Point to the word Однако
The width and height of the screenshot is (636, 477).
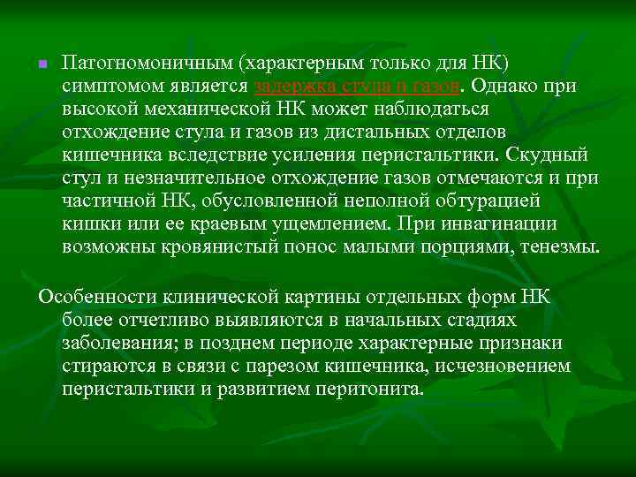click(513, 87)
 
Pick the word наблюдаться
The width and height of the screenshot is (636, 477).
click(437, 110)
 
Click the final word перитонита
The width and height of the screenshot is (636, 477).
click(375, 389)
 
